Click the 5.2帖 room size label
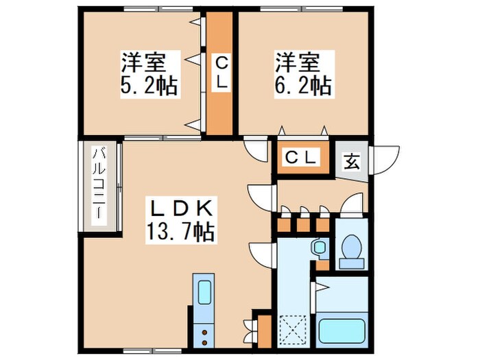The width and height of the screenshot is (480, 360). coord(149,86)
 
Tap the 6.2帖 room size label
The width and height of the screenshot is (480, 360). coord(303,86)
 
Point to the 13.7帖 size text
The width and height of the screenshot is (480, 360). coord(180,232)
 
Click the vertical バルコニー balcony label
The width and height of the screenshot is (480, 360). coord(99,183)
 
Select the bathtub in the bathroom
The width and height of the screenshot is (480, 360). coord(341,331)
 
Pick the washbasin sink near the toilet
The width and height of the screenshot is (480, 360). coord(320,246)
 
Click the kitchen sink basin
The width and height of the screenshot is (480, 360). coord(204,292)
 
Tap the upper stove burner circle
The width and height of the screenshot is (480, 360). coord(204,332)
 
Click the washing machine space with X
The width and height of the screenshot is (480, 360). coord(293,330)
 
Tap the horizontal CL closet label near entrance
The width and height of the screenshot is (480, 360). coord(300,157)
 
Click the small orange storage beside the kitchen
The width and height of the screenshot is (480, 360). coord(265,331)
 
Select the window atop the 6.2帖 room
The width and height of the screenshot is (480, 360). coord(302,9)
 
